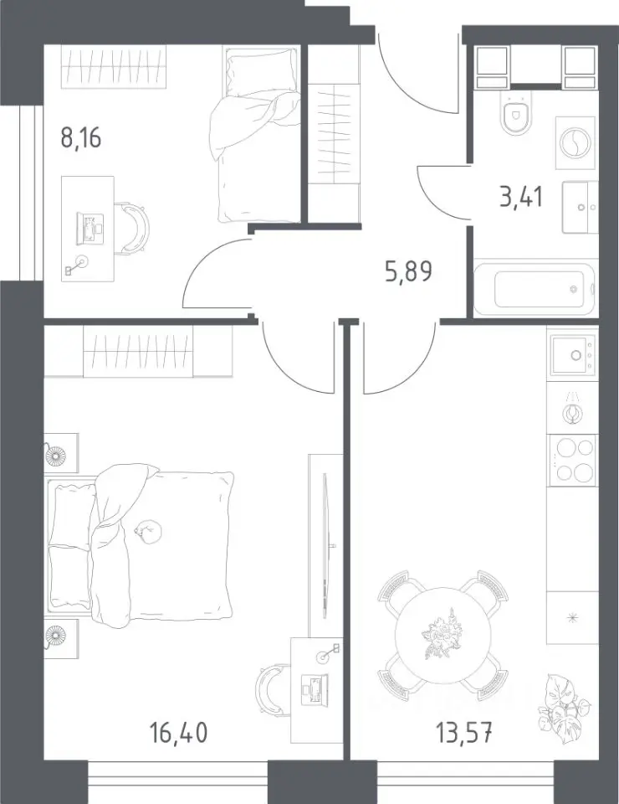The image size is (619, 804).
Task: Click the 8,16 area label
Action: point(81,138)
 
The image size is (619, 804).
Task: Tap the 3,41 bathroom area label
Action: point(521,196)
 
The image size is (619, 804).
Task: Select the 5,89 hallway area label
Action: point(408,271)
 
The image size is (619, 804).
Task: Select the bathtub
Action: point(534,289)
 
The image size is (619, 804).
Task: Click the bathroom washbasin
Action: point(580,207)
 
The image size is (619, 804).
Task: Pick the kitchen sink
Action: point(572,353)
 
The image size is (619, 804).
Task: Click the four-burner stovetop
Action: point(572,460)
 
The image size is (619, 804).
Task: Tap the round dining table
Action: point(443,635)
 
